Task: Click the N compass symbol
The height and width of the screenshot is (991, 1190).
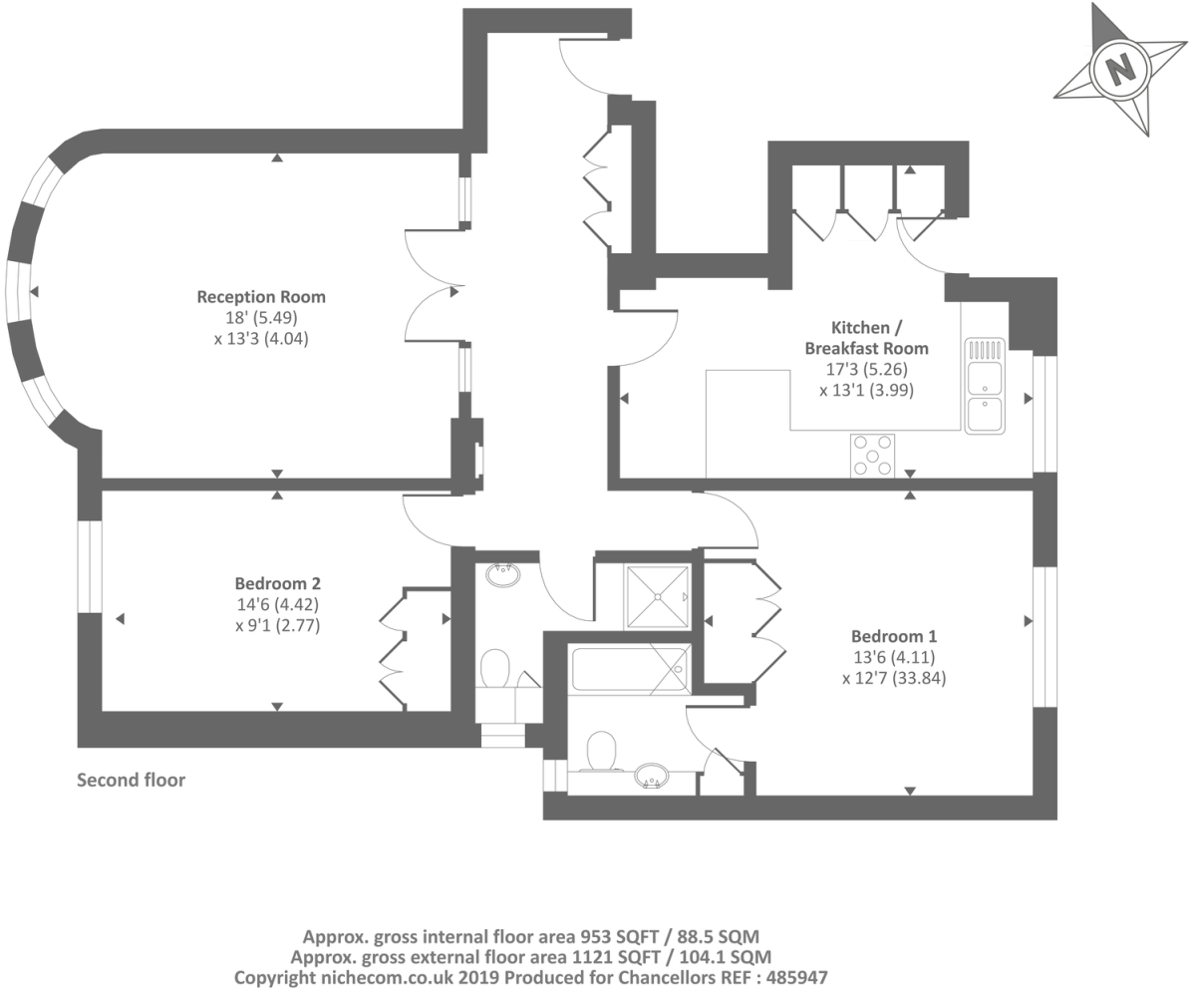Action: (x=1121, y=70)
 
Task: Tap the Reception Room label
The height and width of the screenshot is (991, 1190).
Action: (x=261, y=296)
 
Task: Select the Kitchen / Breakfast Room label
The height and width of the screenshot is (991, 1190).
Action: (x=866, y=338)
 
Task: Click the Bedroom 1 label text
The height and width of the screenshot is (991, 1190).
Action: (x=894, y=636)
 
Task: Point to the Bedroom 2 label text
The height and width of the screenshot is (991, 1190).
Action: (x=277, y=583)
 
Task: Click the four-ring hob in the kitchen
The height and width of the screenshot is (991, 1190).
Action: (x=872, y=456)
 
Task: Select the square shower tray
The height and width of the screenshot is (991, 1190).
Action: (x=657, y=596)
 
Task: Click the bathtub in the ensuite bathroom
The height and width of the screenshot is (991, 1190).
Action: (x=630, y=668)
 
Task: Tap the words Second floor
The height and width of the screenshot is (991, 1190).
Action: (x=131, y=780)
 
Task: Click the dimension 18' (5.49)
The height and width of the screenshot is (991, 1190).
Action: (x=261, y=318)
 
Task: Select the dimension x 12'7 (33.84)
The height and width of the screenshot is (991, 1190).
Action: (x=893, y=679)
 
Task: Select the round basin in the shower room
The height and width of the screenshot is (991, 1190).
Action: (x=502, y=575)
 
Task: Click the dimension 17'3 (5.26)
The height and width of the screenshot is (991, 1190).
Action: (x=866, y=370)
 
